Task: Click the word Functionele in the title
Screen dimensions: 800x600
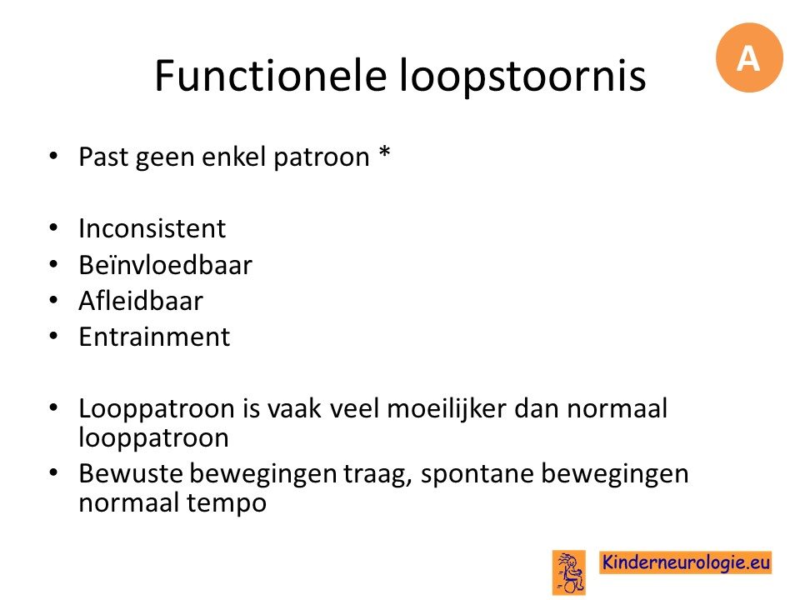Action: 270,75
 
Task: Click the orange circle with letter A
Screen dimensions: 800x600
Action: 749,57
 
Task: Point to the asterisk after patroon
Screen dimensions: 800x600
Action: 385,152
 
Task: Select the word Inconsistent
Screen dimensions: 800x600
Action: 152,228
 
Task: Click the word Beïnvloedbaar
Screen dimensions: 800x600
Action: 165,264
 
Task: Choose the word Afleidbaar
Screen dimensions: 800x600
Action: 141,301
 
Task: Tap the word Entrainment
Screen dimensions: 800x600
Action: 155,337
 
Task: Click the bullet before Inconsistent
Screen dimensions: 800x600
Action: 53,228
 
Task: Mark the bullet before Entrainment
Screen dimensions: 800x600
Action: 53,337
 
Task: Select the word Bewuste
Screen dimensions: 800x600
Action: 131,473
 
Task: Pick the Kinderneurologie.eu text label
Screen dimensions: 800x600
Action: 685,562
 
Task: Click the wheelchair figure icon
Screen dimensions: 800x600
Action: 569,572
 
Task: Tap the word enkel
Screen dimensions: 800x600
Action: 235,157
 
